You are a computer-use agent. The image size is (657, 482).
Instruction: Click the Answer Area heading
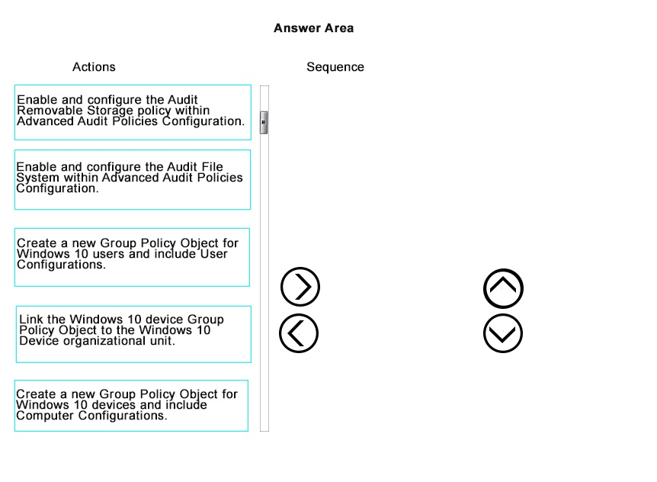coord(313,28)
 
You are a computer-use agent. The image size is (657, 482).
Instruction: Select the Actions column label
coord(94,66)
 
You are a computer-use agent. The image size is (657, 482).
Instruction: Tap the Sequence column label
coord(335,66)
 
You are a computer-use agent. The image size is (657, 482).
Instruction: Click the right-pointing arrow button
coord(300,287)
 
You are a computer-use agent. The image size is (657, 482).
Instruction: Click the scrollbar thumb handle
coord(264,122)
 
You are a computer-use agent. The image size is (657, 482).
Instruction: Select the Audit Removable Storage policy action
coord(133,112)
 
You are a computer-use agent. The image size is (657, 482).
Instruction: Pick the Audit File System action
coord(133,179)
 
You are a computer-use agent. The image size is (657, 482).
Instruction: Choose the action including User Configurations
coord(132,257)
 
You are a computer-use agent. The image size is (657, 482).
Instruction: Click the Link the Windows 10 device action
coord(133,334)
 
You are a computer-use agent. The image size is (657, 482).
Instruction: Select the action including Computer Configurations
coord(131,405)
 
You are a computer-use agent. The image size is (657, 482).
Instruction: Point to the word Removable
coord(50,111)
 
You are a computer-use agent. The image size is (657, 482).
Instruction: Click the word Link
coord(30,320)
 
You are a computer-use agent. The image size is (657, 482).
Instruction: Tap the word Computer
coord(45,416)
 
